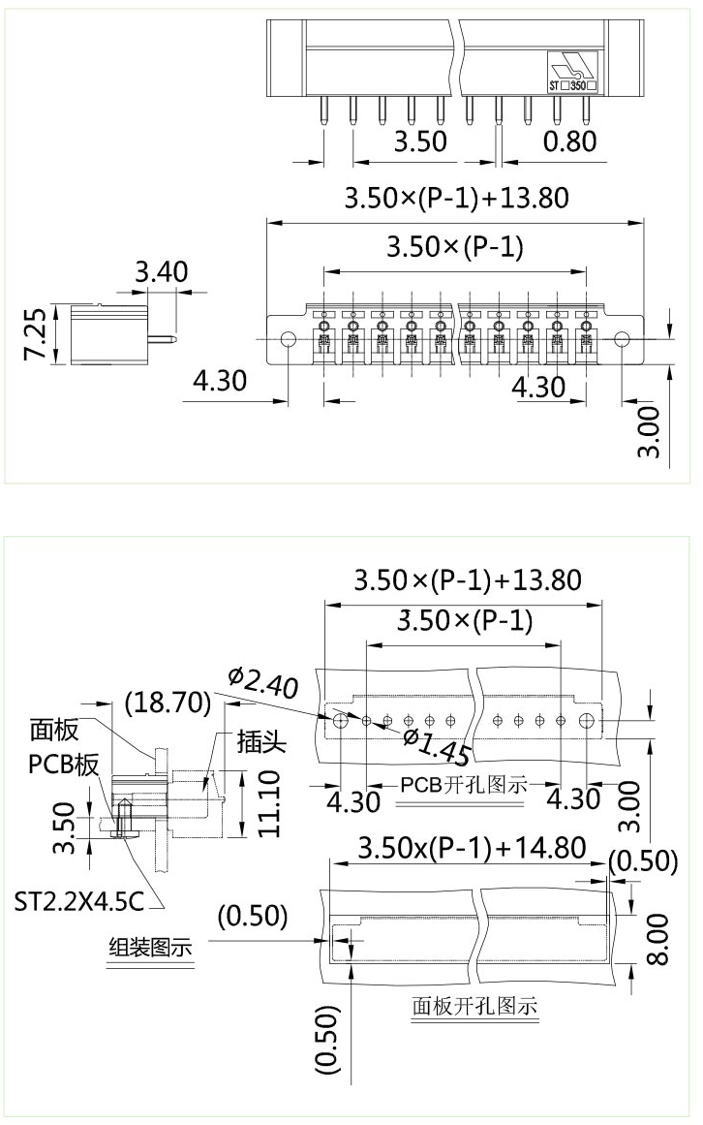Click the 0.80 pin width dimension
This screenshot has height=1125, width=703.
tap(569, 141)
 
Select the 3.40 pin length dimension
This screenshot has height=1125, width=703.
tap(162, 272)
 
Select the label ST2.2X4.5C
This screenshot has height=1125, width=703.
tap(78, 902)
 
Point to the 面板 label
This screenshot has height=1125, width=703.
tap(54, 730)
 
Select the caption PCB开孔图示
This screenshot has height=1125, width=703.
tap(464, 785)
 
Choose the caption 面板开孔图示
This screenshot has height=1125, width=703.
tap(474, 1006)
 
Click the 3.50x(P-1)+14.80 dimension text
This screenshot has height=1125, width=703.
tap(472, 849)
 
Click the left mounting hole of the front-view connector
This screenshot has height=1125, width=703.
tap(289, 340)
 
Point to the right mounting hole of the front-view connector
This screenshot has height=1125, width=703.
tap(622, 340)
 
